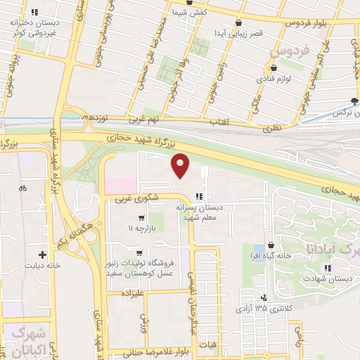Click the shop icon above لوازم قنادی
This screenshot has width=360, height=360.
[x=274, y=68]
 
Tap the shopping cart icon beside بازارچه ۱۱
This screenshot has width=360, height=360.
[x=142, y=217]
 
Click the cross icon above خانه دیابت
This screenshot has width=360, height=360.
[x=43, y=255]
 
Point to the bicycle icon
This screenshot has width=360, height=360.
[x=23, y=188]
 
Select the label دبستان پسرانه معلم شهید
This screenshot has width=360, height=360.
[x=202, y=213]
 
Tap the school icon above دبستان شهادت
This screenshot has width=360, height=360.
[x=327, y=267]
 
